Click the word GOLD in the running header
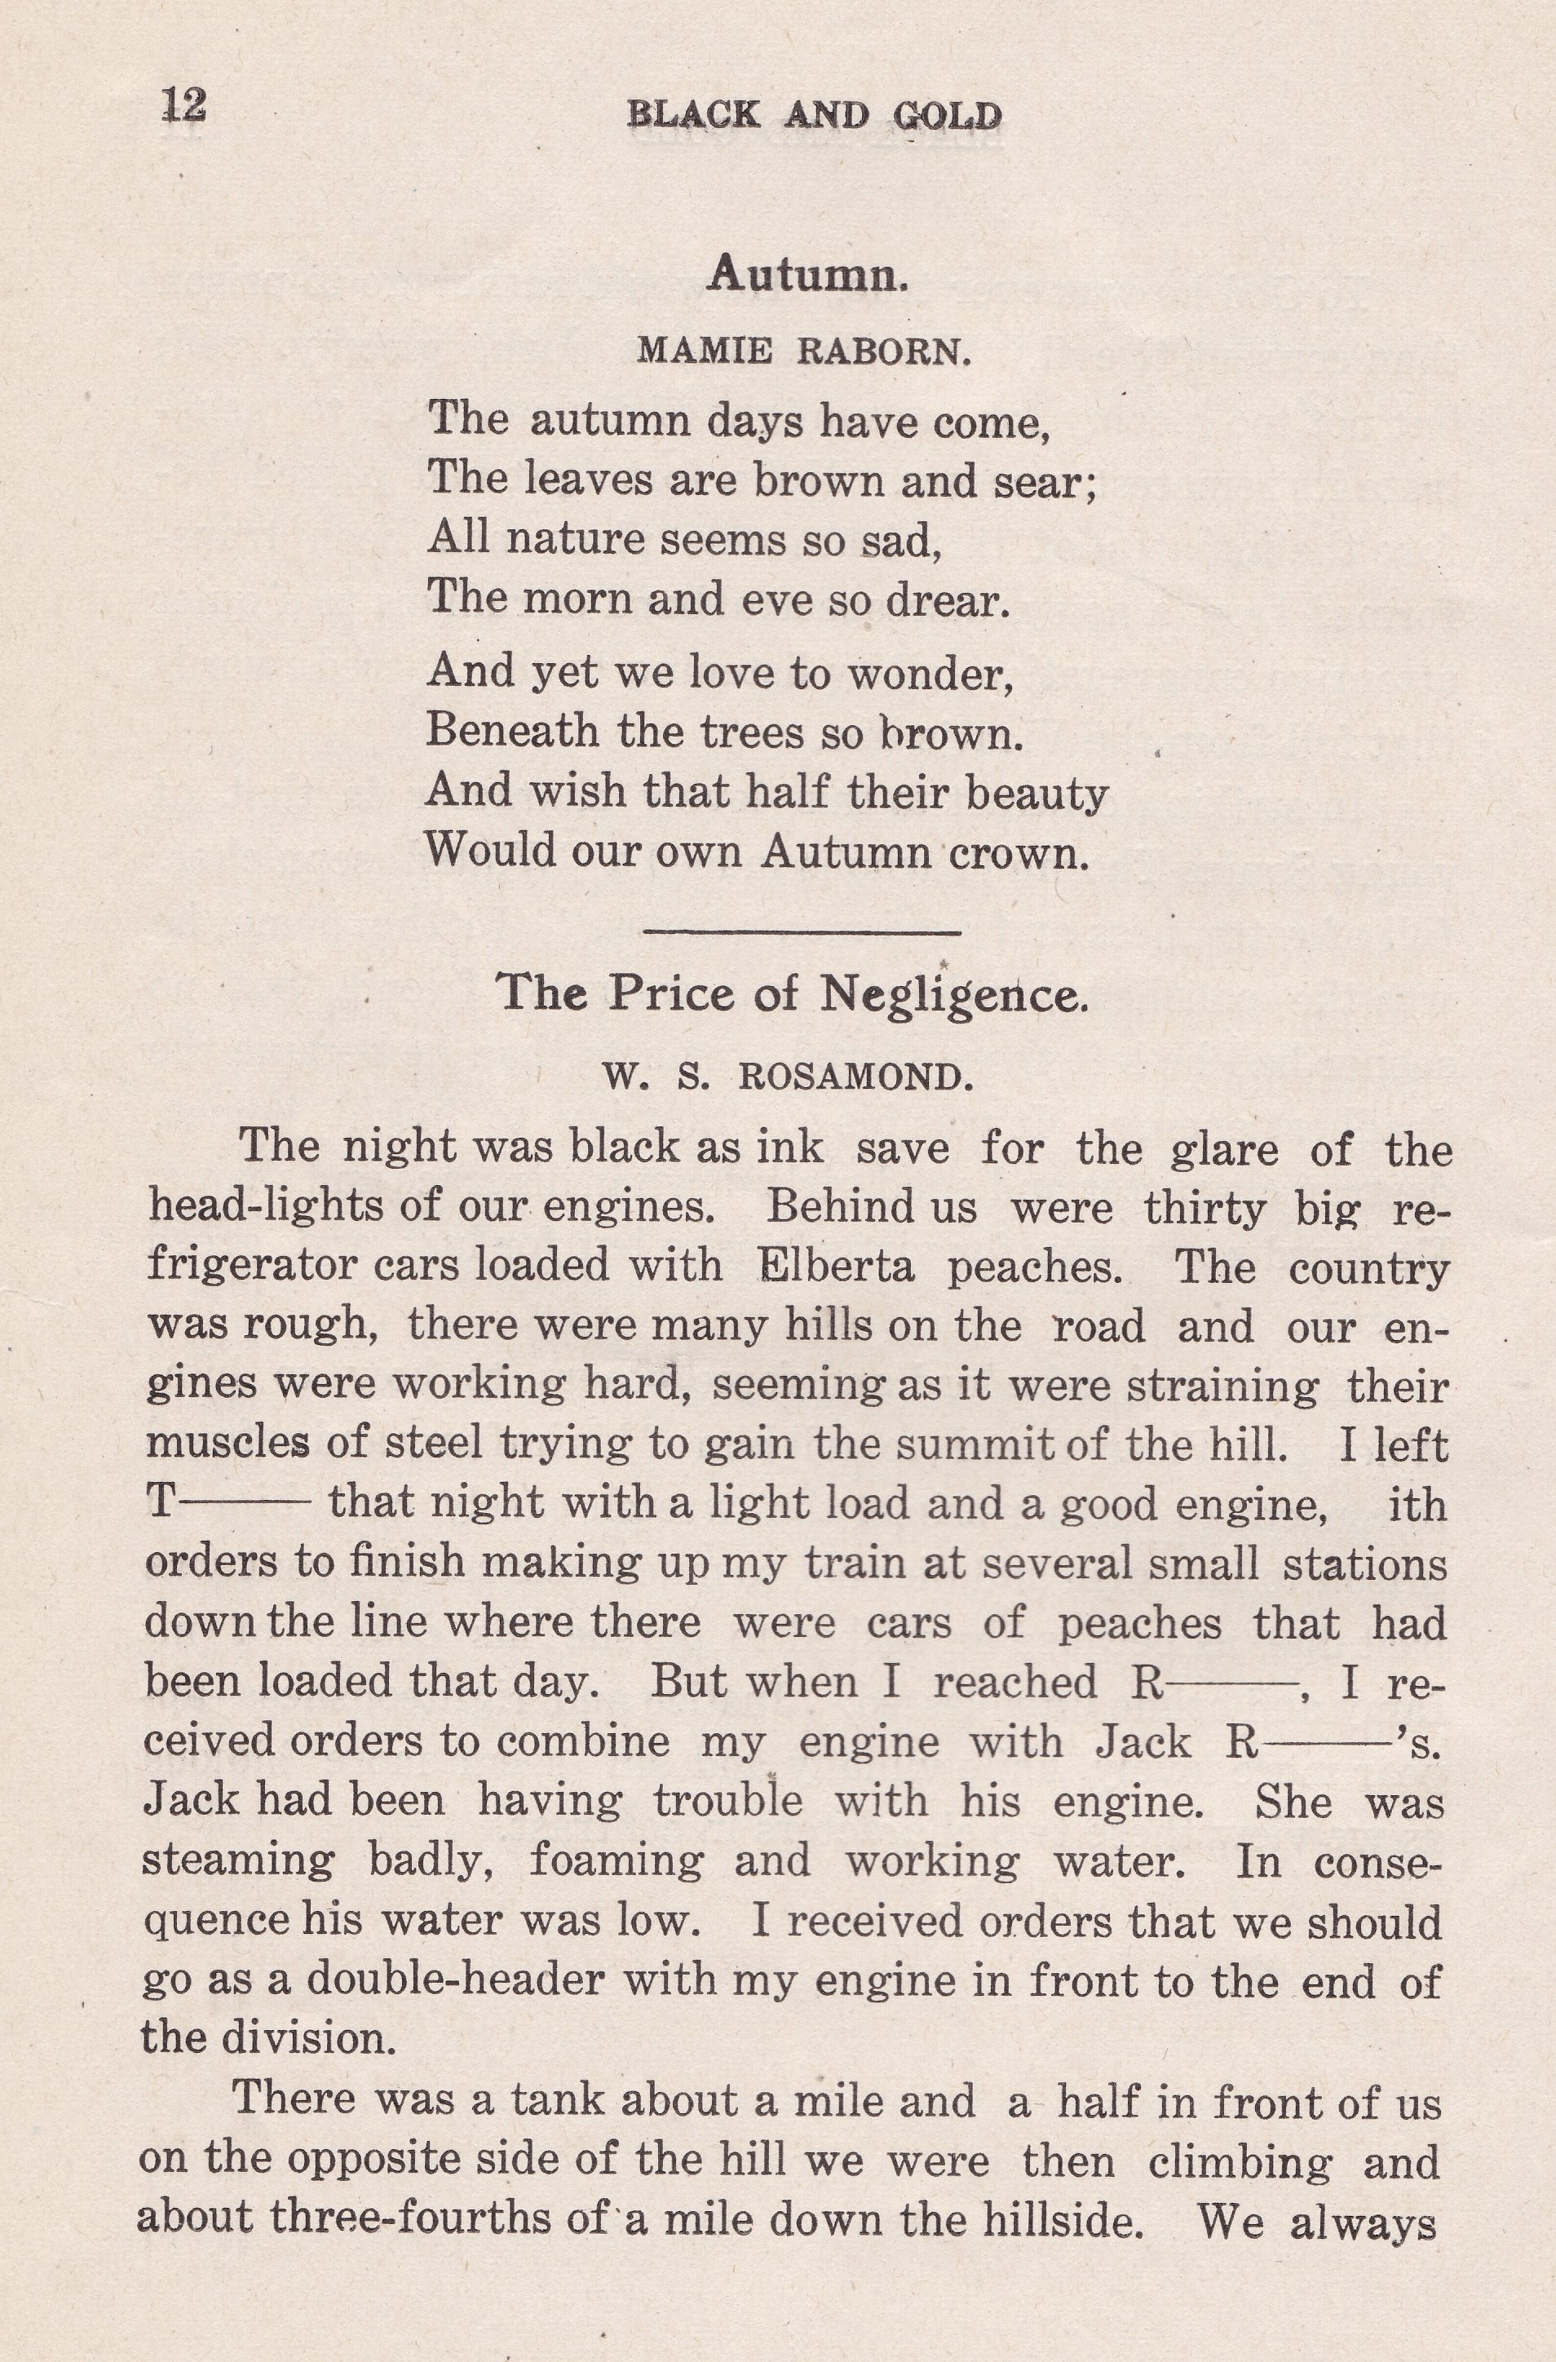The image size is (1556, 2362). pyautogui.click(x=947, y=117)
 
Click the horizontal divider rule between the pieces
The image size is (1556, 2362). pyautogui.click(x=802, y=931)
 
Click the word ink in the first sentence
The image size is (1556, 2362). pyautogui.click(x=790, y=1148)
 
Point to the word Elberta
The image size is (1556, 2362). pyautogui.click(x=836, y=1268)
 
